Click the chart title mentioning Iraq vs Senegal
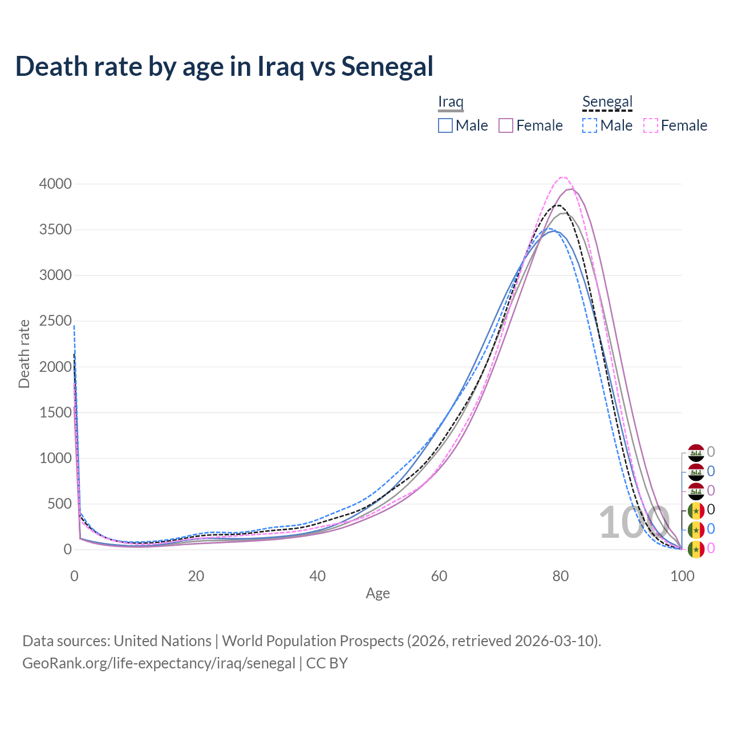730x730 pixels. (224, 67)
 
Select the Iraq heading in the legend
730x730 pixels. (451, 102)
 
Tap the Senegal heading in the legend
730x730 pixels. (607, 102)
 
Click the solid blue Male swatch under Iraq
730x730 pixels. (445, 125)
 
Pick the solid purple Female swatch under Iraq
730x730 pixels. (506, 125)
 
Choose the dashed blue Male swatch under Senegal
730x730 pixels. (590, 125)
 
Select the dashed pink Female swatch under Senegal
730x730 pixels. (651, 125)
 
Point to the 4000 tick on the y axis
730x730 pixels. (55, 184)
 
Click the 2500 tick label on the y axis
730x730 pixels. (55, 321)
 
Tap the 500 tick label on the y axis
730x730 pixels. (59, 504)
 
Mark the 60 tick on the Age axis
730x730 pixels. (439, 576)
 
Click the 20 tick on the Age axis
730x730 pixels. (196, 576)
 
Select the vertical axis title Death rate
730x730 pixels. (24, 354)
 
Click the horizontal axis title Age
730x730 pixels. (378, 593)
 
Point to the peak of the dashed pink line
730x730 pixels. (562, 177)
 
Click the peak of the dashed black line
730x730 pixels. (558, 205)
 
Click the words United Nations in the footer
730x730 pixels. (163, 641)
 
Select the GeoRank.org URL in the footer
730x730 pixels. (159, 663)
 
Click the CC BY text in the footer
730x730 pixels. (327, 663)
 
